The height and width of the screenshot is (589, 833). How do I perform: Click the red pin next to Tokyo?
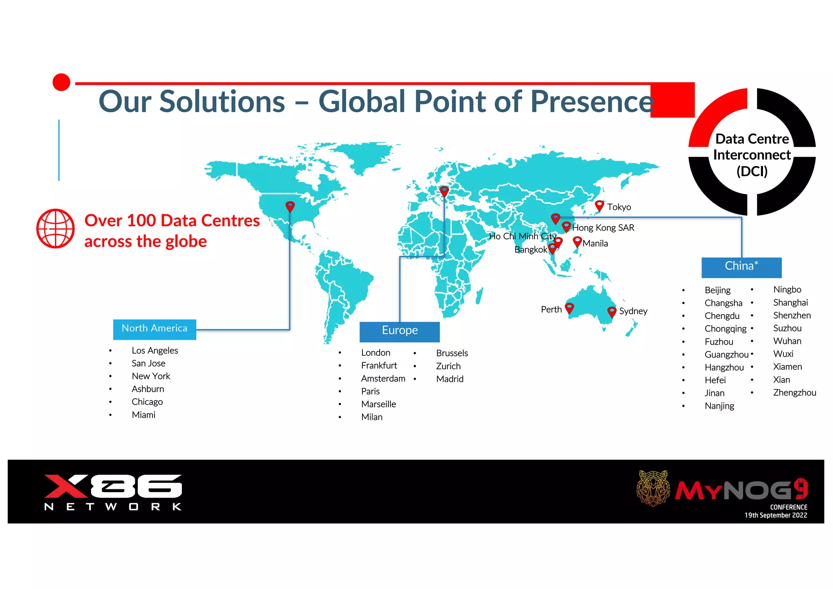599,205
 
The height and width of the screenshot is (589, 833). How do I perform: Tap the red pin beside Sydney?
612,312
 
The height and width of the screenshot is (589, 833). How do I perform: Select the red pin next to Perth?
569,308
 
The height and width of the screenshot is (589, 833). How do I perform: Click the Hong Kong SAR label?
603,228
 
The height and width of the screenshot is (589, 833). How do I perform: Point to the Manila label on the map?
595,244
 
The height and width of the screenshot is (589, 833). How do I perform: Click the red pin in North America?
290,206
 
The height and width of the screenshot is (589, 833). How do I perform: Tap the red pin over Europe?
444,191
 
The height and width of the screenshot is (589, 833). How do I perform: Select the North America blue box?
155,329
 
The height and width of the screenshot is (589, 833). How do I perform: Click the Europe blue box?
399,331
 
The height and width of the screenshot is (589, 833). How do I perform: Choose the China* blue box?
741,267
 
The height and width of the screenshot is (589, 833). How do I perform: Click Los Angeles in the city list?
155,351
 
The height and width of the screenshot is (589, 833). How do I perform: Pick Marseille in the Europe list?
378,404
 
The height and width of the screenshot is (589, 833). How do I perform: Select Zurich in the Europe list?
448,366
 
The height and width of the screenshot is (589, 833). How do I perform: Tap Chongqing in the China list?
725,329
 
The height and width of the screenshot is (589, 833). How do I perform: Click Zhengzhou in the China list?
794,393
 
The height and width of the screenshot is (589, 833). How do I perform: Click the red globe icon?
56,229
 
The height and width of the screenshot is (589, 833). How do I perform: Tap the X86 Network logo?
113,492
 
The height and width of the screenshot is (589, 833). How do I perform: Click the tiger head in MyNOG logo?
653,488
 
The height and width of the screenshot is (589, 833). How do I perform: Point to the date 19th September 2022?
776,515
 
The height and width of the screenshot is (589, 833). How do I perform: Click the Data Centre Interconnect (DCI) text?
752,155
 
